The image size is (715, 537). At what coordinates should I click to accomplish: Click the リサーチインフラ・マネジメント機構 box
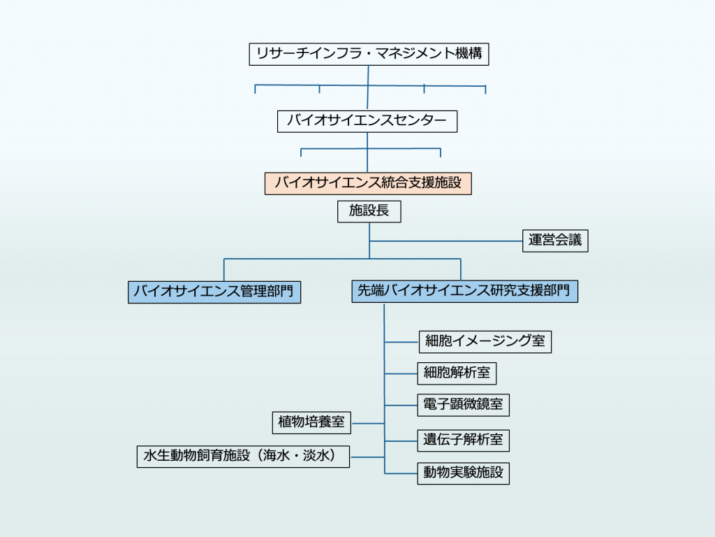pos(369,55)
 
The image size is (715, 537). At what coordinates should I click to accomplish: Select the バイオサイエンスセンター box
pos(367,121)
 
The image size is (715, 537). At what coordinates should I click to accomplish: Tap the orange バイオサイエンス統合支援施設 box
pos(368,183)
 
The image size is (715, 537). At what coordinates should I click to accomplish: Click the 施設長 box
pos(369,211)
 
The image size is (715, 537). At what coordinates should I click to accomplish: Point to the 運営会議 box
pos(555,241)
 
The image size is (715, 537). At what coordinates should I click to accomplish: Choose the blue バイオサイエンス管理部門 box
pos(214,292)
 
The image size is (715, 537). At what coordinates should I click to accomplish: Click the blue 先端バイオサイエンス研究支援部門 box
pos(464,292)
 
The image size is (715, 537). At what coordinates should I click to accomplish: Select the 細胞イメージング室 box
pos(485,341)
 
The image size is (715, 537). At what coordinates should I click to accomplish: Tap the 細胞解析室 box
pos(457,373)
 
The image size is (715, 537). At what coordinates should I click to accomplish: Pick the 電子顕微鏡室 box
pos(463,404)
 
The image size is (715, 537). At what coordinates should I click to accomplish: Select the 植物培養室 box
pos(311,422)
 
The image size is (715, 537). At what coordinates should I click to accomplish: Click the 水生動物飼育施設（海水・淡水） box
pos(243,457)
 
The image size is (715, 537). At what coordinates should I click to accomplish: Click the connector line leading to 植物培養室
pos(368,423)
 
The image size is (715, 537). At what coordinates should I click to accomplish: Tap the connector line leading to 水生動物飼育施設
pos(367,457)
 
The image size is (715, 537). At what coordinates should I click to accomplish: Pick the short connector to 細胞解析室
pos(401,373)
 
